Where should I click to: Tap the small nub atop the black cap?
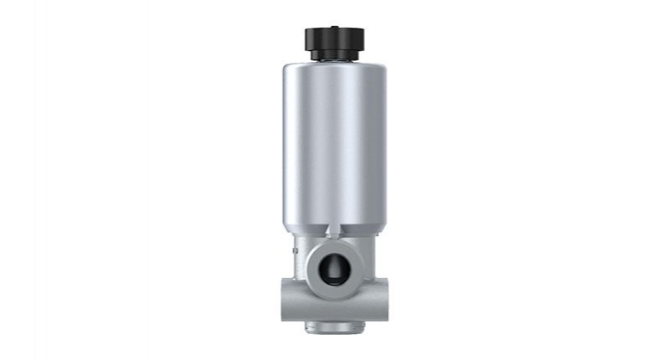click(334, 26)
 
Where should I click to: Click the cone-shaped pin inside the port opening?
click(333, 270)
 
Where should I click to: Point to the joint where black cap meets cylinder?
click(334, 61)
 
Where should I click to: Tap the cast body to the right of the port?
click(368, 268)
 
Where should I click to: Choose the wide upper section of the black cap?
click(334, 39)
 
